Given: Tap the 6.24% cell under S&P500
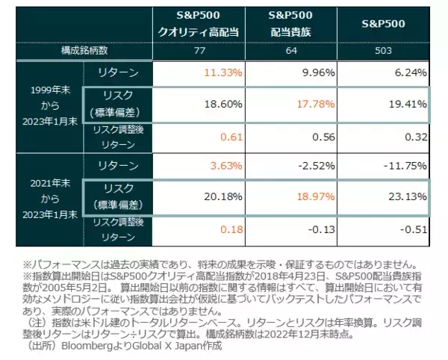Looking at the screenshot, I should tap(410, 72).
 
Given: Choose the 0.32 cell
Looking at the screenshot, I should tap(418, 137).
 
